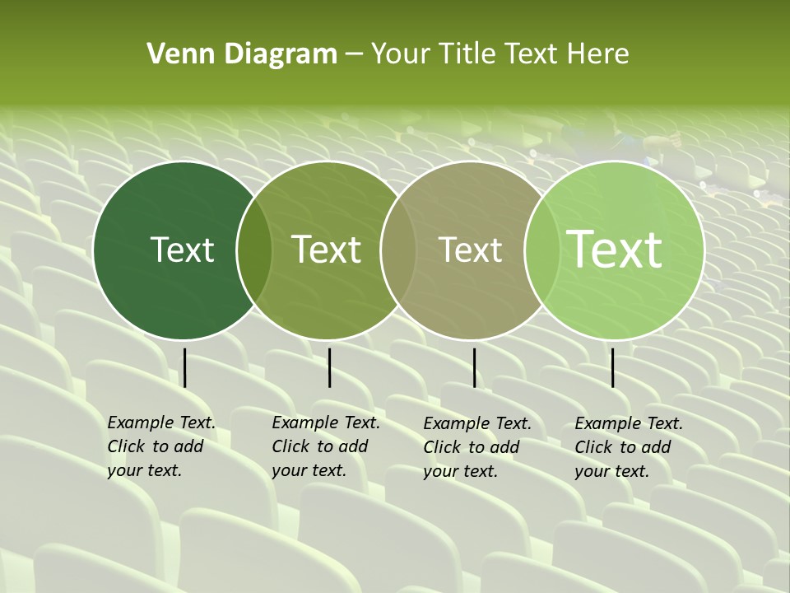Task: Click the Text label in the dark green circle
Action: [x=183, y=250]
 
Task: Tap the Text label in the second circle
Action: [x=327, y=250]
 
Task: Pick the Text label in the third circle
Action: [x=471, y=250]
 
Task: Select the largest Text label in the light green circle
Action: [x=615, y=249]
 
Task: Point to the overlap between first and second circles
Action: [x=254, y=250]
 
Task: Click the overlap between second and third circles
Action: [x=398, y=250]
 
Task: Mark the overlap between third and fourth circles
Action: [x=538, y=250]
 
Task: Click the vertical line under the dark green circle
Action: [x=185, y=367]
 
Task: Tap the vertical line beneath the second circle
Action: [x=329, y=367]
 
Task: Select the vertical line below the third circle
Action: [x=474, y=367]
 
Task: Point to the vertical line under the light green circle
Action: [x=612, y=367]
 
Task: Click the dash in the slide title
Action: [x=354, y=55]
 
